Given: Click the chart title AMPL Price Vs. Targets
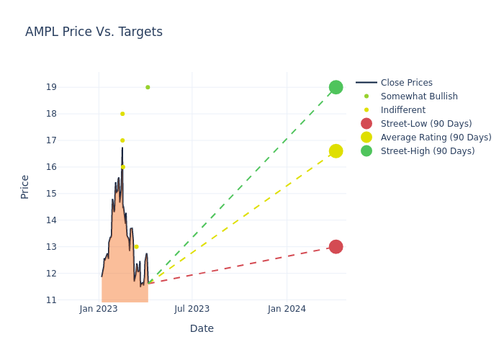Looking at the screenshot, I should point(94,32).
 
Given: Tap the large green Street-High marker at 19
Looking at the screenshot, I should point(336,87).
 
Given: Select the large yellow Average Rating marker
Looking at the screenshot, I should point(336,151).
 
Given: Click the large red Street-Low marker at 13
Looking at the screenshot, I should point(336,247).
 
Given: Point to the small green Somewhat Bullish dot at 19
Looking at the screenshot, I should point(148,87).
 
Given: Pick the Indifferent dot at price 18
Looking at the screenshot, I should point(122,114).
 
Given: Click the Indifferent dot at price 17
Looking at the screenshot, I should point(122,140).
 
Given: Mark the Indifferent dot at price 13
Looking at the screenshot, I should point(136,247).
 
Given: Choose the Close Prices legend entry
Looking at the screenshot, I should point(406,83).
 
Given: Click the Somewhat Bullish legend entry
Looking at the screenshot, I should point(419,96).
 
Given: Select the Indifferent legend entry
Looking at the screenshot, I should point(402,110).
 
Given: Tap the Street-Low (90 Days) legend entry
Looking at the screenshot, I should point(426,124).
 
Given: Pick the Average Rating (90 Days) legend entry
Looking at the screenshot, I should point(436,138).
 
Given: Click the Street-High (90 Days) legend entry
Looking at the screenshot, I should point(428,151).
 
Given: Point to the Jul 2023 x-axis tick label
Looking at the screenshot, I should point(192,309).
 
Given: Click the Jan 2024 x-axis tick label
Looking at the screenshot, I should point(287,309).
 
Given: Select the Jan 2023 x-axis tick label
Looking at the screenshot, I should point(99,309).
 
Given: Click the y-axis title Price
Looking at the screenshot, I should point(25,186).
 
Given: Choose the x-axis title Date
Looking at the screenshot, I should point(202,329).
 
